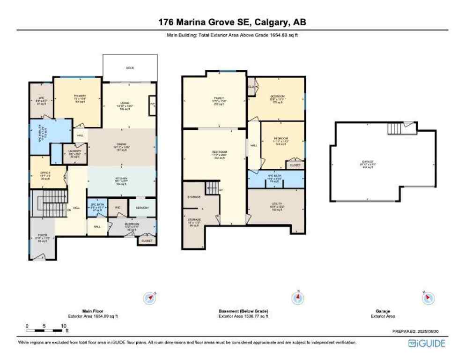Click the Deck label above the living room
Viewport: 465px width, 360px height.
pos(130,68)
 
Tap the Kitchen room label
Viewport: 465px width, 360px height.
pos(122,181)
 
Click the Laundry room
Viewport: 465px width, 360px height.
pos(75,153)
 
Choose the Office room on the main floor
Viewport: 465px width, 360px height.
pos(45,175)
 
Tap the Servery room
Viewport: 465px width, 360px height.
pos(142,208)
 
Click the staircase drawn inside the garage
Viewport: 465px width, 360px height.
pos(395,128)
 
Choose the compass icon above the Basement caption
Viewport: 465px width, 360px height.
pos(297,297)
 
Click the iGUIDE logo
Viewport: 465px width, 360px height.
pos(427,344)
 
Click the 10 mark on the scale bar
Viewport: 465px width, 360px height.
pos(63,325)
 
